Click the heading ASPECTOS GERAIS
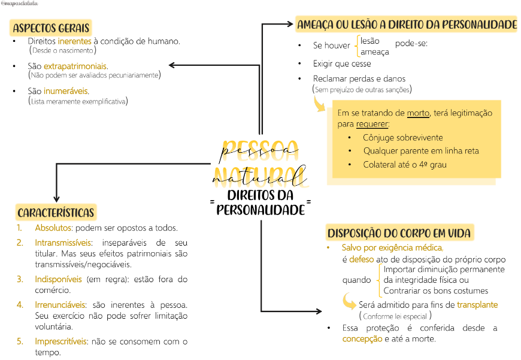(x=51, y=28)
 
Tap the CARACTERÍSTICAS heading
(x=56, y=213)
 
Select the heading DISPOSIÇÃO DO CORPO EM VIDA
(x=399, y=233)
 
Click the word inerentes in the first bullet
(x=75, y=41)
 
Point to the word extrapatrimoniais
(x=75, y=66)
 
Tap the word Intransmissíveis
(x=63, y=243)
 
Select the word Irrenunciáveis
(x=60, y=304)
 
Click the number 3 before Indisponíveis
(x=20, y=279)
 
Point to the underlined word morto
(x=418, y=113)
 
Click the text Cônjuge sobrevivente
(x=403, y=137)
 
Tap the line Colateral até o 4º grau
(x=404, y=164)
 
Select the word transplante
(x=477, y=304)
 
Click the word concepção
(x=362, y=338)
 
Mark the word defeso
(x=362, y=259)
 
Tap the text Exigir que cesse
(x=342, y=63)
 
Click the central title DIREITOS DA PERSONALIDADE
(x=260, y=202)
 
